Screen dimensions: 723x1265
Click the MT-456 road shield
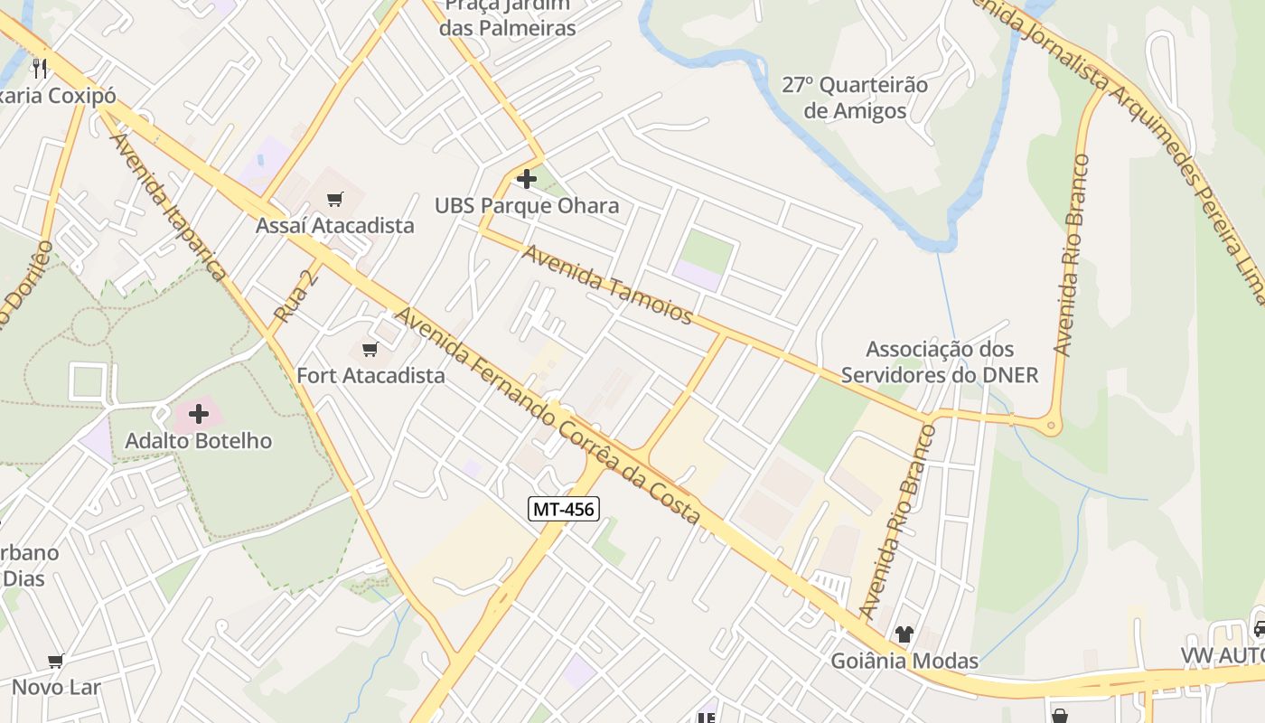click(x=563, y=509)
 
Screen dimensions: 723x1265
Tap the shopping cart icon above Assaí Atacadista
click(x=334, y=200)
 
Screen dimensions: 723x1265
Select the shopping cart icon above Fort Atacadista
click(x=369, y=350)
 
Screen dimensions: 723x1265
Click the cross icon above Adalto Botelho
click(x=199, y=415)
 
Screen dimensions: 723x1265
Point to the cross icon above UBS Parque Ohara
click(x=527, y=179)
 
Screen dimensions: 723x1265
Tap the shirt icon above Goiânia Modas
click(x=904, y=634)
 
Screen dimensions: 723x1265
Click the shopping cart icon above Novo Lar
click(x=56, y=662)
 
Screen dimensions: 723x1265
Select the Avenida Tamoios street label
click(x=607, y=285)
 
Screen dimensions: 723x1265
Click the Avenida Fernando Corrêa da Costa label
click(x=548, y=416)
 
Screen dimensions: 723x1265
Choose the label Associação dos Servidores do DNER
click(x=940, y=361)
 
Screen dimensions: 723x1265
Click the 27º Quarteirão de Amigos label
click(x=855, y=98)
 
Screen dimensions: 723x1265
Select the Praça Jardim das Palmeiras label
click(x=508, y=18)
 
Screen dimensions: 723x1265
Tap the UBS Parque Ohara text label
click(x=527, y=206)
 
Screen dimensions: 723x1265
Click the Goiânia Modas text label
click(x=904, y=661)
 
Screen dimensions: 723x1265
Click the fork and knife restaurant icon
click(x=39, y=68)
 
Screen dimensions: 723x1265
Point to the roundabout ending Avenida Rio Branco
click(x=1050, y=424)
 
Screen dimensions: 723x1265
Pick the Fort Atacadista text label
click(x=370, y=375)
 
